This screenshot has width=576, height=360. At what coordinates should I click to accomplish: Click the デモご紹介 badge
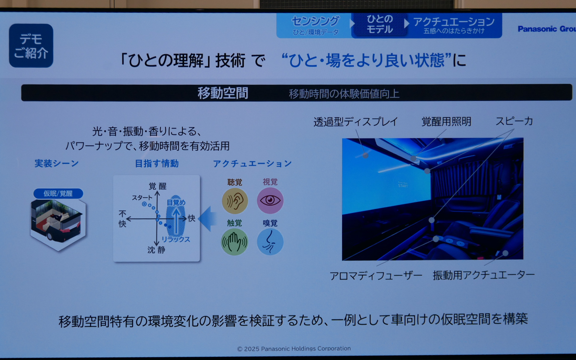[x=31, y=46]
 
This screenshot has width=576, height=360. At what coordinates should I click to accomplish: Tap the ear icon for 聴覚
[x=235, y=201]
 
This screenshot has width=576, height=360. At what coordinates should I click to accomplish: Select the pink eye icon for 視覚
[x=270, y=200]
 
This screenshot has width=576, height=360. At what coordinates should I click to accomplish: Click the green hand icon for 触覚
[x=234, y=242]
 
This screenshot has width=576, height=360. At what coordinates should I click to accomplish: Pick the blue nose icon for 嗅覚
[x=270, y=242]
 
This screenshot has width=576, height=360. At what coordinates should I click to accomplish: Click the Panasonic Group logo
[x=546, y=29]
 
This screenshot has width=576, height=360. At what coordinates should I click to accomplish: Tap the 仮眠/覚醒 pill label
[x=58, y=193]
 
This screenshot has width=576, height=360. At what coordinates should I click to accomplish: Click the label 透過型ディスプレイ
[x=355, y=122]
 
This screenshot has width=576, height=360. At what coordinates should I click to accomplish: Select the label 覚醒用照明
[x=446, y=121]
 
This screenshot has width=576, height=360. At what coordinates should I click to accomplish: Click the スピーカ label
[x=514, y=121]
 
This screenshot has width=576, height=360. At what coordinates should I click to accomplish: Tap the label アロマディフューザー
[x=376, y=275]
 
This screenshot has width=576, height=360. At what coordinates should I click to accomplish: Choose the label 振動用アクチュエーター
[x=483, y=275]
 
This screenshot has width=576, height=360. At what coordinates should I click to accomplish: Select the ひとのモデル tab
[x=379, y=25]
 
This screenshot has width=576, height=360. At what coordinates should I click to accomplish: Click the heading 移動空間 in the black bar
[x=223, y=93]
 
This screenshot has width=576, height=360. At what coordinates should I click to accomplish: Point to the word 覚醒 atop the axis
[x=157, y=186]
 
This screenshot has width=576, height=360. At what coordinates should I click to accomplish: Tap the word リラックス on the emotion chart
[x=176, y=239]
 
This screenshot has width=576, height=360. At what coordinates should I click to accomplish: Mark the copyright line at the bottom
[x=294, y=349]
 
